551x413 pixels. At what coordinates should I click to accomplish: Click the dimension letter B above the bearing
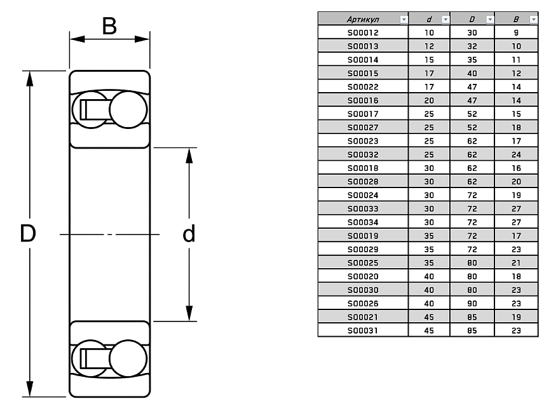(109, 27)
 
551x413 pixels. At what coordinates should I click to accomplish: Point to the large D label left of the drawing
(27, 234)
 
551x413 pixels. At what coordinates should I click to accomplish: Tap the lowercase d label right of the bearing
(189, 234)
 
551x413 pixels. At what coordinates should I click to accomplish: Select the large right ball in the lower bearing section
(128, 360)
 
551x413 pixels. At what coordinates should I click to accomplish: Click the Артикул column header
(359, 20)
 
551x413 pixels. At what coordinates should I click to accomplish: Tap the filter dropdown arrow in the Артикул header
(403, 20)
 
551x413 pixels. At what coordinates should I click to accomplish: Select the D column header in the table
(471, 20)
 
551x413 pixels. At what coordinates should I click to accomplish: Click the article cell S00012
(362, 31)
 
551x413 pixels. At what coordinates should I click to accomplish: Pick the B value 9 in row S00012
(516, 31)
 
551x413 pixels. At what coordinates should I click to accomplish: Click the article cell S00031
(362, 330)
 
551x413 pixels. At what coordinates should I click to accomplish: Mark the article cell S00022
(362, 86)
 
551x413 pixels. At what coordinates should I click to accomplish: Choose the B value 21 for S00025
(516, 262)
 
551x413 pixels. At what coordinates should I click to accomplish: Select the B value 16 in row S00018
(516, 168)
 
